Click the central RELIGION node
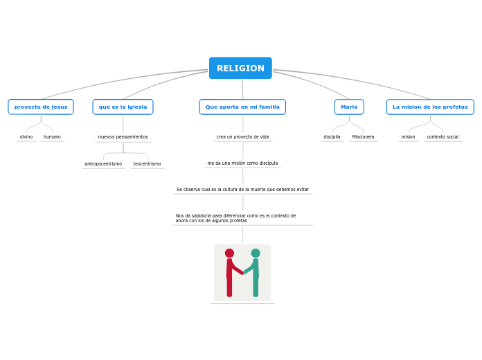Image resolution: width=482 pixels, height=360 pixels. (240, 69)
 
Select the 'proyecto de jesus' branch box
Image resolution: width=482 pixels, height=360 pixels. (41, 107)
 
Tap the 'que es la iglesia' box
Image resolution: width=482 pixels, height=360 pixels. (123, 107)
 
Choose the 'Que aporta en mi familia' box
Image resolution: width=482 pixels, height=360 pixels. (242, 107)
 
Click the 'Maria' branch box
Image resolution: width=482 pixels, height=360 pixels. (349, 107)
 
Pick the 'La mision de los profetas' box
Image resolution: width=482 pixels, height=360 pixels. (430, 107)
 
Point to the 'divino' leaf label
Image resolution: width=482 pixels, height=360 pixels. (26, 137)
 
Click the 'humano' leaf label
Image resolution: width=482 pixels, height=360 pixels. (52, 137)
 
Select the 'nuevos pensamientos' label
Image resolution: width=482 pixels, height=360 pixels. (123, 137)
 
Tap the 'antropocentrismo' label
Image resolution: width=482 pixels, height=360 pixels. (103, 164)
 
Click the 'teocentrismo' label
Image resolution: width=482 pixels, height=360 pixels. (147, 164)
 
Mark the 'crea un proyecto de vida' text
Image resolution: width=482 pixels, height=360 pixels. (242, 137)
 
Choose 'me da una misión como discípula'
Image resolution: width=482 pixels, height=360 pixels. (242, 163)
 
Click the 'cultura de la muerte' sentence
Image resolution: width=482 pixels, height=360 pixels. (242, 189)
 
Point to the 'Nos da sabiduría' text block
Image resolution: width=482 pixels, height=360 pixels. (235, 218)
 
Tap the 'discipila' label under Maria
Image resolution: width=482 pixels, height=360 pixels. (332, 137)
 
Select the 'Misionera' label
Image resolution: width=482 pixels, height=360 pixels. (363, 137)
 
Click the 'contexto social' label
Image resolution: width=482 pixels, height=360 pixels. (443, 137)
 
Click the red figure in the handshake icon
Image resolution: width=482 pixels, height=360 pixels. (230, 273)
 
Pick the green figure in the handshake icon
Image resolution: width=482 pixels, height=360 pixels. (255, 273)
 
